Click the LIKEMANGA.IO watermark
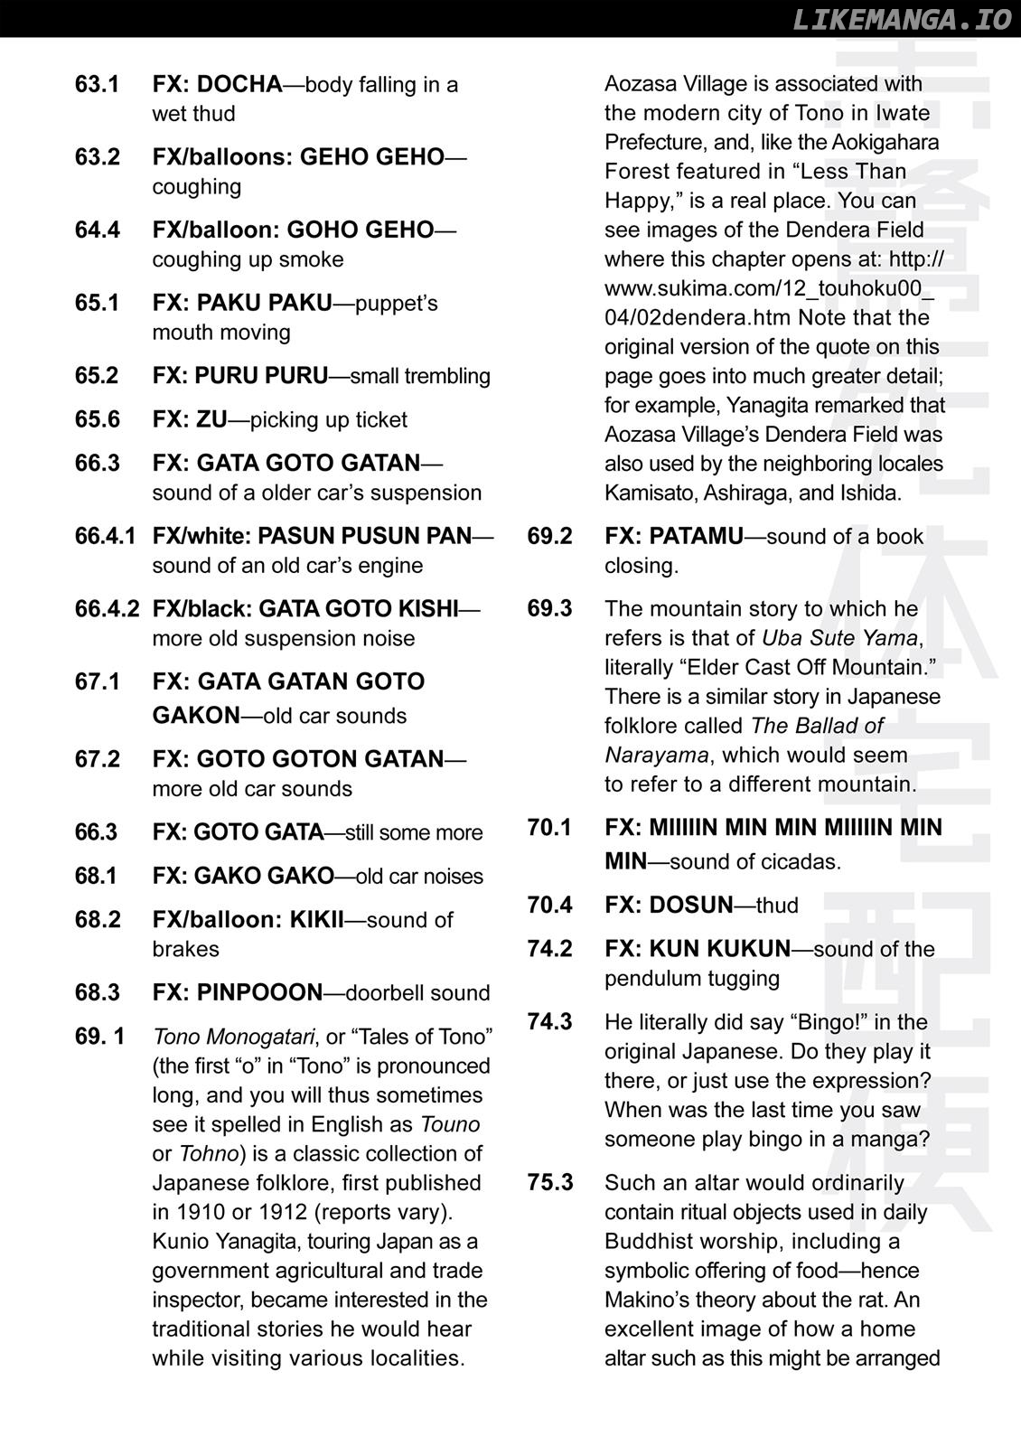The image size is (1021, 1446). pyautogui.click(x=901, y=19)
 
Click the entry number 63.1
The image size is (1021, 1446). pyautogui.click(x=97, y=85)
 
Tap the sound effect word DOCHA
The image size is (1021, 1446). pyautogui.click(x=239, y=85)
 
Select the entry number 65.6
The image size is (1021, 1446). pyautogui.click(x=97, y=420)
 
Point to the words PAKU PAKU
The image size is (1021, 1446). pyautogui.click(x=264, y=303)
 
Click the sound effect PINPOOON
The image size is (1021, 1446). pyautogui.click(x=258, y=992)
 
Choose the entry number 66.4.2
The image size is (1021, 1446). pyautogui.click(x=107, y=609)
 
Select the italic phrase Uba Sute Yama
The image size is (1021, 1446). pyautogui.click(x=839, y=638)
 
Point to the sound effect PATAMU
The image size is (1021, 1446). pyautogui.click(x=696, y=536)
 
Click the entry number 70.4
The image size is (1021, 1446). pyautogui.click(x=549, y=906)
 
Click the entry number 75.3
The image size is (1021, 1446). pyautogui.click(x=549, y=1183)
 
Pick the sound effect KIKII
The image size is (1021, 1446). pyautogui.click(x=316, y=920)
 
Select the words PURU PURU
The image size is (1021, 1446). pyautogui.click(x=261, y=376)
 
